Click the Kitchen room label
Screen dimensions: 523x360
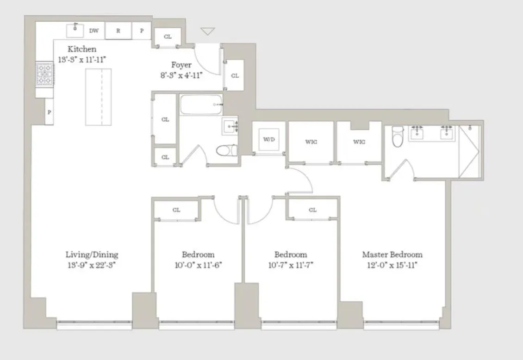pos(82,49)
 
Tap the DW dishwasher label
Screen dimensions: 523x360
pos(94,31)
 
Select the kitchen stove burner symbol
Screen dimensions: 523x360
pos(45,74)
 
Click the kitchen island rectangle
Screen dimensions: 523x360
pos(99,97)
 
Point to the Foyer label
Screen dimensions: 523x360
pos(181,65)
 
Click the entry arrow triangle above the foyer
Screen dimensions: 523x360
pos(207,31)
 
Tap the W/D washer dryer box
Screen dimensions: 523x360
pos(269,139)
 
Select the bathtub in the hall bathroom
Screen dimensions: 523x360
pos(201,105)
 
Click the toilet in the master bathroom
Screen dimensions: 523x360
pos(398,137)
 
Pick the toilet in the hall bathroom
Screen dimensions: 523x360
pos(227,150)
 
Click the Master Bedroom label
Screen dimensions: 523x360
pos(392,254)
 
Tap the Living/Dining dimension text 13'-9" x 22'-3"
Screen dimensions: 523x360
pos(92,265)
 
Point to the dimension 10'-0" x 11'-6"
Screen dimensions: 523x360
pos(198,265)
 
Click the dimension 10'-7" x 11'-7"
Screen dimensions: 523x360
pos(291,265)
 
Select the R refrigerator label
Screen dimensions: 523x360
pos(118,31)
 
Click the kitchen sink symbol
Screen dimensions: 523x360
pos(75,31)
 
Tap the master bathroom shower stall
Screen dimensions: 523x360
pos(469,152)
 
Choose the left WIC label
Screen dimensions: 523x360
pos(311,142)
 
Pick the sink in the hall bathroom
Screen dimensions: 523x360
pos(230,126)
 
